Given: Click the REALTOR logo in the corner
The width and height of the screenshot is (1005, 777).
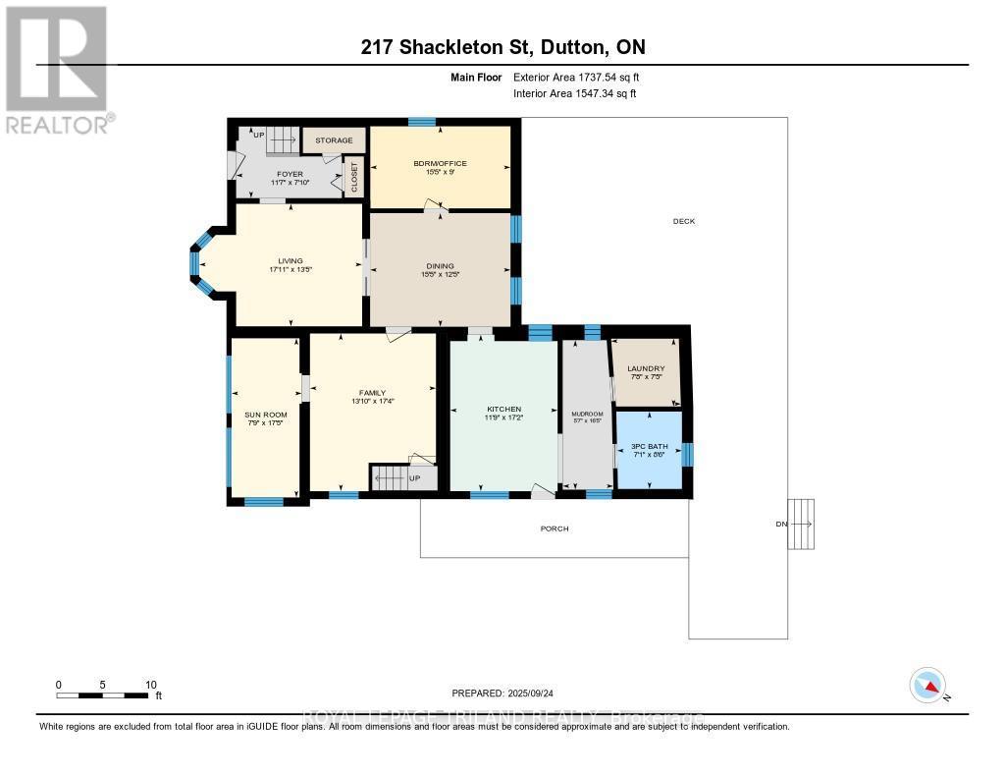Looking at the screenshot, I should (x=57, y=69).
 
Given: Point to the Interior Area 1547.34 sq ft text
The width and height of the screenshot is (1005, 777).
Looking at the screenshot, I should (x=574, y=93).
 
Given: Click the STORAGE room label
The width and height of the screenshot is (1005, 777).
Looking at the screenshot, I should (x=334, y=140).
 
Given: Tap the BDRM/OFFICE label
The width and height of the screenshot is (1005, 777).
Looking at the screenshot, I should (x=440, y=164).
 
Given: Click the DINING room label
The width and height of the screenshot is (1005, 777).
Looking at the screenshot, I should (x=440, y=265).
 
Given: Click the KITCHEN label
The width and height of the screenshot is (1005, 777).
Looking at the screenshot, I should (x=503, y=410).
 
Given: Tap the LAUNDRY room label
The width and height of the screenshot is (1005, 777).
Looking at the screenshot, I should (x=646, y=369).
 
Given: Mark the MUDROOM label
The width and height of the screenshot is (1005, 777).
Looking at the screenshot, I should (x=587, y=415).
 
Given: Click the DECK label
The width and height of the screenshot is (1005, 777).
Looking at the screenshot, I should (x=684, y=221).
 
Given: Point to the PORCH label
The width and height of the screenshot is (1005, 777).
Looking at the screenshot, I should (x=555, y=528).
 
